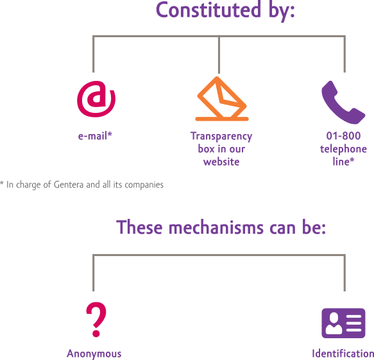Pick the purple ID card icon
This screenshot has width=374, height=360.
pyautogui.click(x=343, y=323)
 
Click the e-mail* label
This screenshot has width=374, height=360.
pyautogui.click(x=95, y=136)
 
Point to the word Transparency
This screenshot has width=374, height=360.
pyautogui.click(x=221, y=137)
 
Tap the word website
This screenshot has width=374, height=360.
pyautogui.click(x=221, y=162)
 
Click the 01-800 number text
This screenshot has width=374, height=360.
pyautogui.click(x=343, y=136)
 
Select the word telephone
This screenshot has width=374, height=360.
pyautogui.click(x=343, y=149)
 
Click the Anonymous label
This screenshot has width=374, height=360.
pyautogui.click(x=94, y=354)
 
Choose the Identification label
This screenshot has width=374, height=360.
pyautogui.click(x=343, y=354)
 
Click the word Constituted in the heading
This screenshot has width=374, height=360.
pyautogui.click(x=208, y=10)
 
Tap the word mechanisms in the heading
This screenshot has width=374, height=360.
pyautogui.click(x=216, y=227)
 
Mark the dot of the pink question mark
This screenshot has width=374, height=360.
pyautogui.click(x=96, y=333)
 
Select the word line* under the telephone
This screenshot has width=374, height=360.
pyautogui.click(x=343, y=162)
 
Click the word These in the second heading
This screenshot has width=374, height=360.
pyautogui.click(x=139, y=227)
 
